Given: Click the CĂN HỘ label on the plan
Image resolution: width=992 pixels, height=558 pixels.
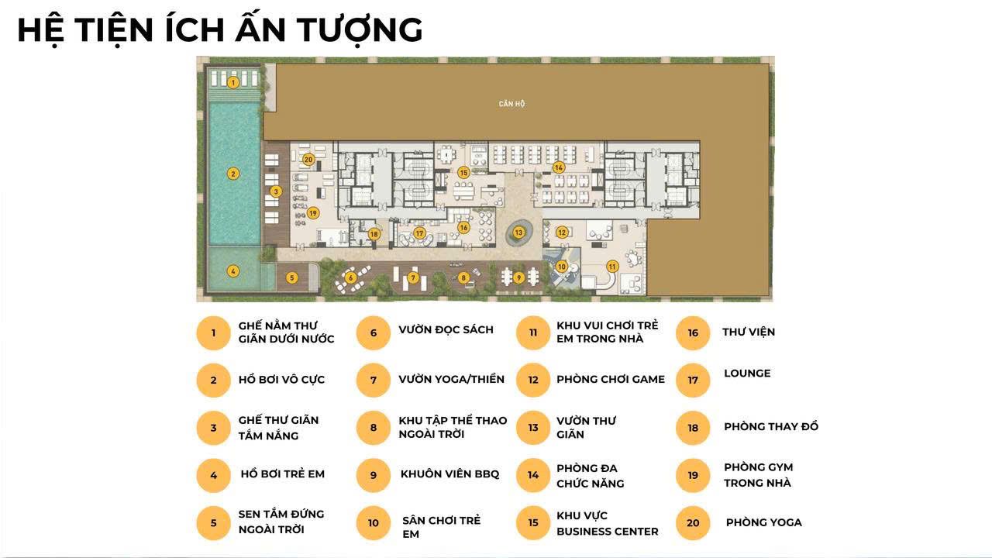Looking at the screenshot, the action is pyautogui.click(x=511, y=104).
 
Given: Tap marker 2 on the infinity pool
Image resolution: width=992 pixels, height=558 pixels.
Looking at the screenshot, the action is pyautogui.click(x=233, y=174).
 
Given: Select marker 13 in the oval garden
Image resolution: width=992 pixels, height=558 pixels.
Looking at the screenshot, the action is pyautogui.click(x=518, y=232).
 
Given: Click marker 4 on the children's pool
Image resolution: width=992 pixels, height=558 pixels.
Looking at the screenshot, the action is pyautogui.click(x=233, y=271).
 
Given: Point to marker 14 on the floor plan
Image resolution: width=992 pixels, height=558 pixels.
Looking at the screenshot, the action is pyautogui.click(x=559, y=167).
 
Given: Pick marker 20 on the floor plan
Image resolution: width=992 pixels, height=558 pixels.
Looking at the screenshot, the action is pyautogui.click(x=308, y=160).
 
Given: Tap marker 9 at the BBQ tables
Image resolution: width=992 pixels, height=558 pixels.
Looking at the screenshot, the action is pyautogui.click(x=518, y=277).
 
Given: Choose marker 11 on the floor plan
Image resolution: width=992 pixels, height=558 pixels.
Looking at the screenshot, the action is pyautogui.click(x=612, y=266).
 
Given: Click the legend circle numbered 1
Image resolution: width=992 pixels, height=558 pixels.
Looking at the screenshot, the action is pyautogui.click(x=213, y=333).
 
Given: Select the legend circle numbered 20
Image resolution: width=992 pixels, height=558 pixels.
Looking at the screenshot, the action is pyautogui.click(x=693, y=523).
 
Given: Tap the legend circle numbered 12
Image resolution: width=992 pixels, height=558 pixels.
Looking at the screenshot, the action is pyautogui.click(x=533, y=380).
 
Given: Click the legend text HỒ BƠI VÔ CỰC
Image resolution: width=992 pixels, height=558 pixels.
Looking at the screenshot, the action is pyautogui.click(x=281, y=380).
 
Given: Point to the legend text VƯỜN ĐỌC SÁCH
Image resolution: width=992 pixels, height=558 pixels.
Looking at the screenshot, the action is pyautogui.click(x=446, y=329).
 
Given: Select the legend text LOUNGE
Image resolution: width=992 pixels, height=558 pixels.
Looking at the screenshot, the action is pyautogui.click(x=747, y=374).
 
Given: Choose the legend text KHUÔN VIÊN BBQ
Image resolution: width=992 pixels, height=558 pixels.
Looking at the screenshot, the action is pyautogui.click(x=450, y=474).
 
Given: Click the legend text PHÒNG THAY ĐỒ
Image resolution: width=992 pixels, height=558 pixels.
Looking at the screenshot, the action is pyautogui.click(x=771, y=426).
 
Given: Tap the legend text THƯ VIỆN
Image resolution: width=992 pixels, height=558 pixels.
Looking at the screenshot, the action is pyautogui.click(x=749, y=332).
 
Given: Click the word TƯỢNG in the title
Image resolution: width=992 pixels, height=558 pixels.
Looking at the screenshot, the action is pyautogui.click(x=360, y=30).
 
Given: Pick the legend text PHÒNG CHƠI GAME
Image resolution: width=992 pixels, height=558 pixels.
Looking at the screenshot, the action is pyautogui.click(x=611, y=379).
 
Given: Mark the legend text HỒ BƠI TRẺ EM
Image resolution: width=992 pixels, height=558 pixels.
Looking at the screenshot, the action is pyautogui.click(x=283, y=474).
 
